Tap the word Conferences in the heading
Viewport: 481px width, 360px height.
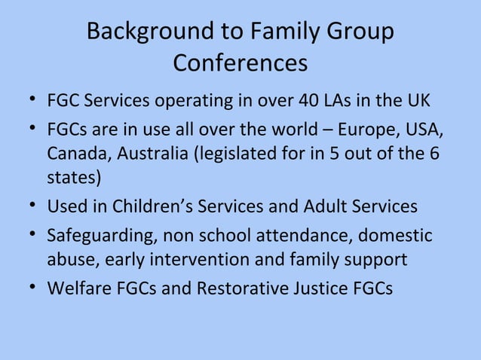click(x=240, y=63)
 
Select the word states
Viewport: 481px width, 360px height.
click(x=70, y=180)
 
